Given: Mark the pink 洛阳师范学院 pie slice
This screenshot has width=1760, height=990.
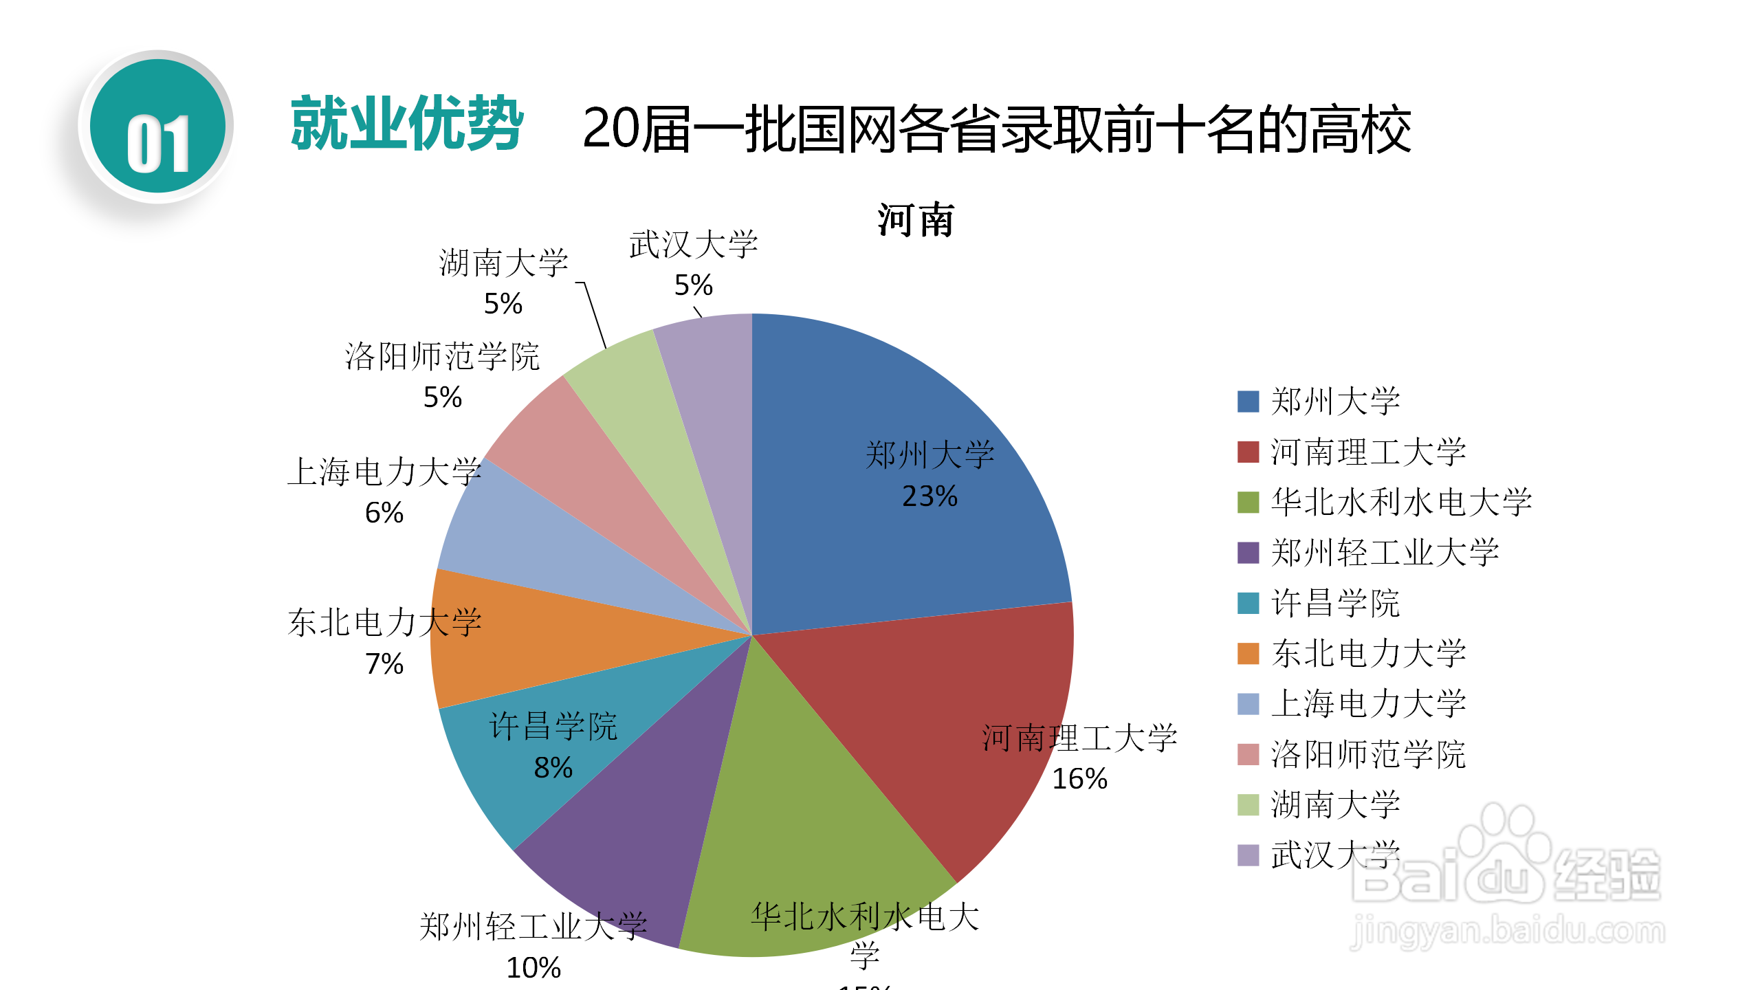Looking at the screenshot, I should click(x=584, y=467).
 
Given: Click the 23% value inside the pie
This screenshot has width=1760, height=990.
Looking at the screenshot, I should click(x=929, y=496).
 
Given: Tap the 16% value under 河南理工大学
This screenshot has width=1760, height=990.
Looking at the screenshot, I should click(x=1079, y=779).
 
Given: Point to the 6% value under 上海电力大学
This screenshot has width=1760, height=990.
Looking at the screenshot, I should click(x=384, y=513).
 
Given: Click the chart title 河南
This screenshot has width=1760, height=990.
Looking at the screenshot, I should click(x=916, y=220).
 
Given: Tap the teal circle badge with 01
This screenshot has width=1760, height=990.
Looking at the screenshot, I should click(x=157, y=126).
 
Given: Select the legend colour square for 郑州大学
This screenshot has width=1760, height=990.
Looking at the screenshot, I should click(x=1248, y=401).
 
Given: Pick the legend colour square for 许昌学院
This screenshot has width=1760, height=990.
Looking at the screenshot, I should click(x=1248, y=603).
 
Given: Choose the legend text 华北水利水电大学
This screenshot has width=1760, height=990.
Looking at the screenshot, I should click(x=1401, y=502).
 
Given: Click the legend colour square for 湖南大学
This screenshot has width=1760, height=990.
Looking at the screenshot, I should click(x=1248, y=804).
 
